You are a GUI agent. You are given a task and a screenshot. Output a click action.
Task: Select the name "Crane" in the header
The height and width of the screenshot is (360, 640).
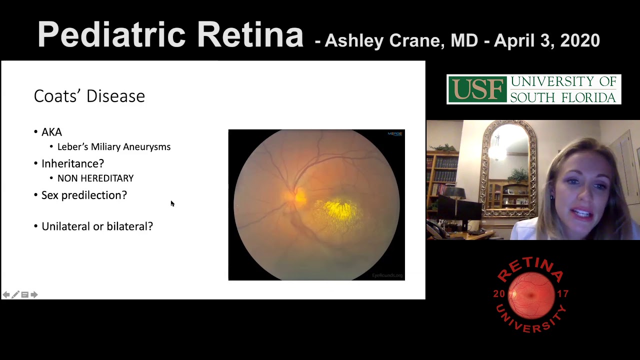click(416, 40)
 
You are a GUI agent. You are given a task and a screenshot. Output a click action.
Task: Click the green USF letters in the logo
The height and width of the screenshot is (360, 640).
click(476, 89)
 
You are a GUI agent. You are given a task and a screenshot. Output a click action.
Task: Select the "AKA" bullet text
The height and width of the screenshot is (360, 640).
click(51, 132)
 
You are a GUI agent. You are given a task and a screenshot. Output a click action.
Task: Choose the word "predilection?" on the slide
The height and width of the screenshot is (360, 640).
click(100, 195)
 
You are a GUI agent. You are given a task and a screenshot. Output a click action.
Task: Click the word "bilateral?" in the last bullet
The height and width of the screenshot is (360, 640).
click(129, 226)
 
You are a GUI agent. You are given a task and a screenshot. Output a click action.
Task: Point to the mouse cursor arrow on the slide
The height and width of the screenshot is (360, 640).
click(172, 203)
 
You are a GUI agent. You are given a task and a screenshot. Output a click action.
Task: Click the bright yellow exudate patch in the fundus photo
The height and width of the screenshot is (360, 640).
click(340, 210)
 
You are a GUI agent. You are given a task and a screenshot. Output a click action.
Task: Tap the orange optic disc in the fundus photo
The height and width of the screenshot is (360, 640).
click(298, 195)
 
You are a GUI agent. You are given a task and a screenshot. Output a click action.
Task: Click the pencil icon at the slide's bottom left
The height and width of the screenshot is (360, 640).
click(15, 295)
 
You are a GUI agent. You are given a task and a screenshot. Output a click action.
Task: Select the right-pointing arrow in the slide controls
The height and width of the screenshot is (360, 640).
click(34, 295)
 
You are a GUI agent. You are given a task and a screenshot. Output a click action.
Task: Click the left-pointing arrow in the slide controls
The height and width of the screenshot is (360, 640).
click(6, 295)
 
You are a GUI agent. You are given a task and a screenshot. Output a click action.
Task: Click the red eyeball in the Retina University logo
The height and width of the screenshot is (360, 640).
click(531, 294)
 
